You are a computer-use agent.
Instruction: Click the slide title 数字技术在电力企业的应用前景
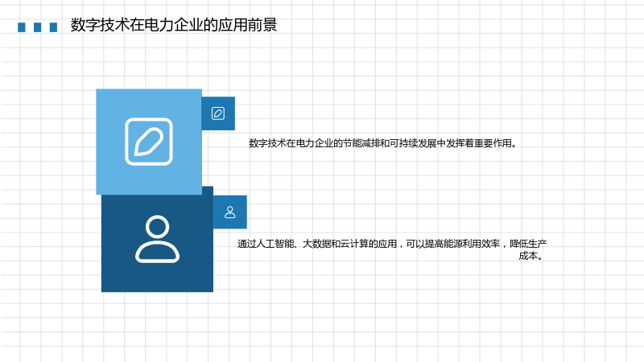point(174,25)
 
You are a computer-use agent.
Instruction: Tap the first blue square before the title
point(22,27)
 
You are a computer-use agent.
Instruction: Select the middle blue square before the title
point(37,27)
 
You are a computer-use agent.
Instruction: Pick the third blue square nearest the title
point(53,27)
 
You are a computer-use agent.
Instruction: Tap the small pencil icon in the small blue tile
point(218,113)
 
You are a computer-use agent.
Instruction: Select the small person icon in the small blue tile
point(230,212)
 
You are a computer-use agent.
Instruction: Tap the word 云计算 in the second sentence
point(353,244)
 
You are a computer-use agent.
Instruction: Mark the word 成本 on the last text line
point(528,256)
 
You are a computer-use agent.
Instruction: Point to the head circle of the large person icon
point(157,226)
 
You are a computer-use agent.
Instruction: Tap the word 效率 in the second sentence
point(490,244)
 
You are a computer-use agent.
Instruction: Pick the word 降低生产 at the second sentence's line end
point(528,244)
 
